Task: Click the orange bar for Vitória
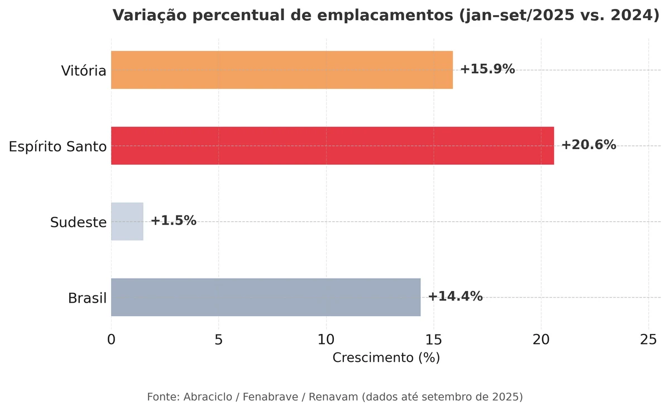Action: [x=282, y=70]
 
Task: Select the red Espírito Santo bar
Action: [x=332, y=146]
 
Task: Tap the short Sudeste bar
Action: [x=127, y=221]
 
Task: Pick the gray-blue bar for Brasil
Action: [x=266, y=297]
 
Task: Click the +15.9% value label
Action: [x=487, y=69]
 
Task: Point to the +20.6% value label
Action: [x=588, y=145]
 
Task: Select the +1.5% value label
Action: [x=173, y=221]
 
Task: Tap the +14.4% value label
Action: [x=455, y=297]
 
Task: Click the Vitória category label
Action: [x=84, y=71]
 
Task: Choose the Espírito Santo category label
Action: [x=58, y=147]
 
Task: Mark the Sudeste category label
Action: [x=78, y=222]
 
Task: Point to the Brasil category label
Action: [x=87, y=298]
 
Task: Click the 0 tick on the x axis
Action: [x=111, y=340]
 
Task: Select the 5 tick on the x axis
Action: [x=218, y=340]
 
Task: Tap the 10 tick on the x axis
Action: [x=326, y=340]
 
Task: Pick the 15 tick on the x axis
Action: [x=433, y=340]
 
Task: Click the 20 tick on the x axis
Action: [x=541, y=340]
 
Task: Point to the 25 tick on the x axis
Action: [x=648, y=340]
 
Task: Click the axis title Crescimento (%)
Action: [x=386, y=358]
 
